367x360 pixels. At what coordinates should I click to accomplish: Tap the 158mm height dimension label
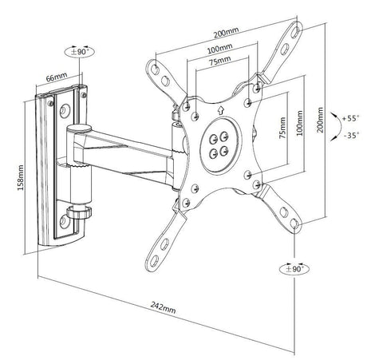21,177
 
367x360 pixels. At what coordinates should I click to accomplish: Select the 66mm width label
57,77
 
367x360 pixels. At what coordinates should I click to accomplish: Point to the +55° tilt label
350,118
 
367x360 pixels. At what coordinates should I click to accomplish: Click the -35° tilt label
351,136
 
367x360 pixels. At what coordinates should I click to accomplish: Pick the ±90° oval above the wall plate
80,52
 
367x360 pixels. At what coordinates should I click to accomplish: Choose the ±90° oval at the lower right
294,269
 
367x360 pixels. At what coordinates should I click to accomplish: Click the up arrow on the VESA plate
220,110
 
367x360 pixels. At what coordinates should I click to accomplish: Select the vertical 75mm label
282,128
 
